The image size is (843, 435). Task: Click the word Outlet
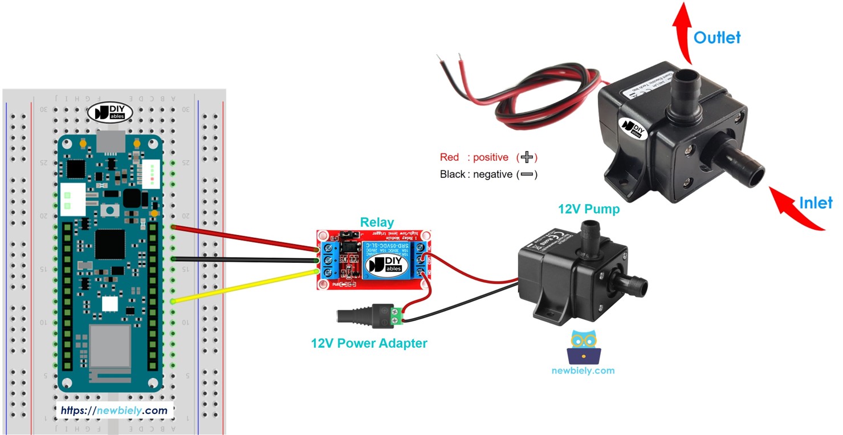coord(716,38)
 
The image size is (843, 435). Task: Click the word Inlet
coord(816,202)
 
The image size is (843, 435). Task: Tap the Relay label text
coord(376,222)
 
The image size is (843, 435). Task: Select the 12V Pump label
coord(588,209)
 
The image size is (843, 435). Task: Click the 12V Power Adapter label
coord(369,343)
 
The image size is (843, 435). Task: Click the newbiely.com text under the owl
coord(583,371)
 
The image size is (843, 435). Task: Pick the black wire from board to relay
coord(245,259)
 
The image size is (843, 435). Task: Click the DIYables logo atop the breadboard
coord(109,113)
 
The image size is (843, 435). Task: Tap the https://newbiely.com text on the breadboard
coord(114,410)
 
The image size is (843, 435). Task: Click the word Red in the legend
coord(449,157)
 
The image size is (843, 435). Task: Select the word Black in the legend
coord(452,174)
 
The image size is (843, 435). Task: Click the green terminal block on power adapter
coord(396,316)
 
